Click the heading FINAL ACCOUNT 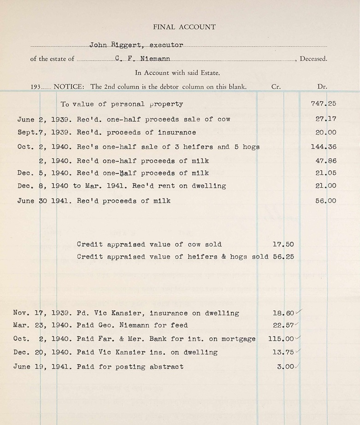coord(184,27)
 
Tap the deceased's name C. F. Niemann coord(143,59)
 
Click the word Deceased coord(313,59)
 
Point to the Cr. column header coord(276,87)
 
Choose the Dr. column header coord(322,87)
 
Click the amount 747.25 coord(324,104)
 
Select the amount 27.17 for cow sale coord(326,119)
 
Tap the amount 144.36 coord(324,147)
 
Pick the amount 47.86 coord(326,161)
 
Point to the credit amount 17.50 coord(283,245)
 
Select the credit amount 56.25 coord(283,257)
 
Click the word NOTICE coord(70,87)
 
